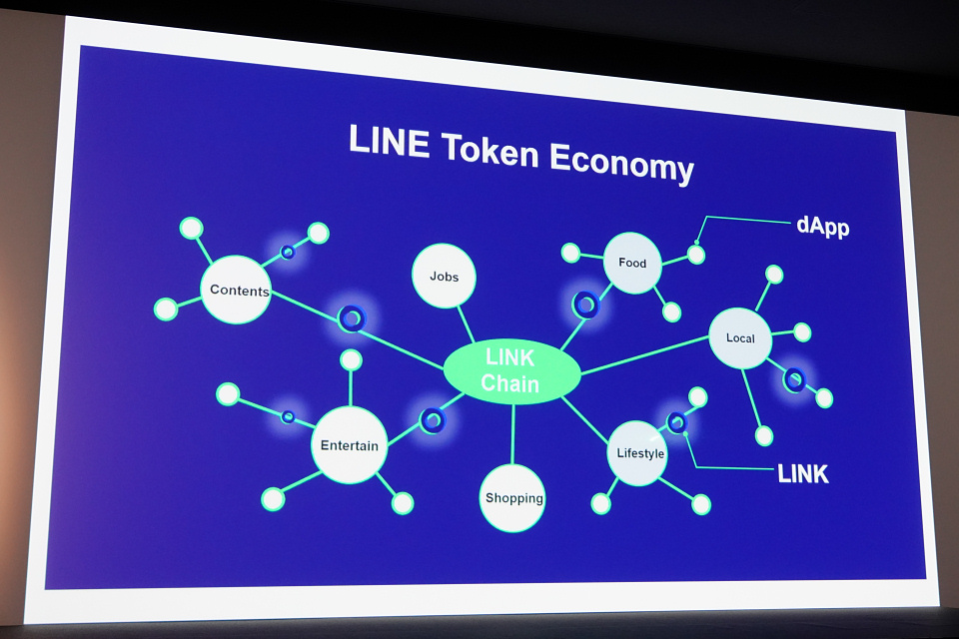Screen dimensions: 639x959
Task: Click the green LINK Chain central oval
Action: [x=511, y=371]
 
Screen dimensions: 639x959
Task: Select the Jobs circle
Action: [x=444, y=276]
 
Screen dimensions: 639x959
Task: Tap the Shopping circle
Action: [x=513, y=497]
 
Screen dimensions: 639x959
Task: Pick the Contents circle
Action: [x=237, y=291]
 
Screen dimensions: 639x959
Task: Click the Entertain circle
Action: [x=349, y=445]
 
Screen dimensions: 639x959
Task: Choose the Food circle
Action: [x=632, y=264]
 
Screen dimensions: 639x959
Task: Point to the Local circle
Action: [x=741, y=337]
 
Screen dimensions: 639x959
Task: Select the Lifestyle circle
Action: [x=638, y=453]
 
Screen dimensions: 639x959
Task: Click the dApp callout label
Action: [x=822, y=227]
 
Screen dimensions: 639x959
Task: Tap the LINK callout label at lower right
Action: [x=803, y=473]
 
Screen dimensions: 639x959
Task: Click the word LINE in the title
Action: [x=389, y=142]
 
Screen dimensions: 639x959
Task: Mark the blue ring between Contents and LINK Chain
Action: [x=351, y=319]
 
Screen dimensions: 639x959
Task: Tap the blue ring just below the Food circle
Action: [x=585, y=305]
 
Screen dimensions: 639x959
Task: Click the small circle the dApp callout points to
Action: [x=696, y=255]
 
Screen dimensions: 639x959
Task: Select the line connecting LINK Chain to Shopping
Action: [x=512, y=434]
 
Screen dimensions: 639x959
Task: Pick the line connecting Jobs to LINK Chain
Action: [x=466, y=324]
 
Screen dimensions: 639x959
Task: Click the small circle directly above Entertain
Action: [x=351, y=360]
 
